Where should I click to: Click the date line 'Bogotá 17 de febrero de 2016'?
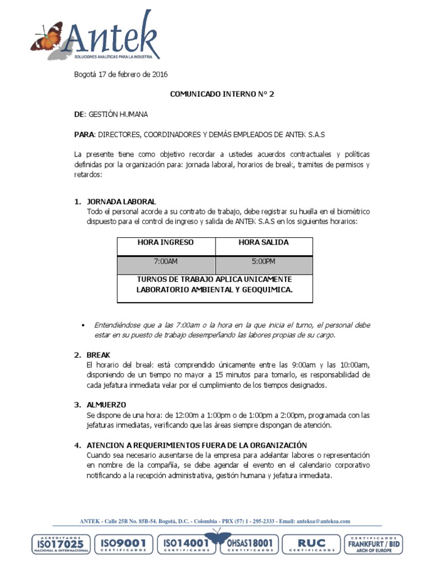click(x=121, y=74)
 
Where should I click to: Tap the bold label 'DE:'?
click(x=80, y=114)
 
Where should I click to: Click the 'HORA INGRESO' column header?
click(x=166, y=242)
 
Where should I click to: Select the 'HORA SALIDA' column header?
click(x=264, y=242)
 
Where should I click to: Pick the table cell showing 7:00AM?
click(x=166, y=261)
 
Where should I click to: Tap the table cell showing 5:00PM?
click(x=264, y=261)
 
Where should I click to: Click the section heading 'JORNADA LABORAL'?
click(x=121, y=201)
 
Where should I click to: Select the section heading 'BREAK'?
click(x=99, y=355)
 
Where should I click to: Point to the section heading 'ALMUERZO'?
click(x=106, y=405)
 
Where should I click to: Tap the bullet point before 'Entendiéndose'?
click(x=83, y=325)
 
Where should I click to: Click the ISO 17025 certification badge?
click(x=60, y=544)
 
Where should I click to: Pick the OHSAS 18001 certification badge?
click(x=249, y=544)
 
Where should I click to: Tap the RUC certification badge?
click(x=311, y=544)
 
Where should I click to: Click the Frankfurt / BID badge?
click(x=374, y=544)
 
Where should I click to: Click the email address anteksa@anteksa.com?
click(x=323, y=521)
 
